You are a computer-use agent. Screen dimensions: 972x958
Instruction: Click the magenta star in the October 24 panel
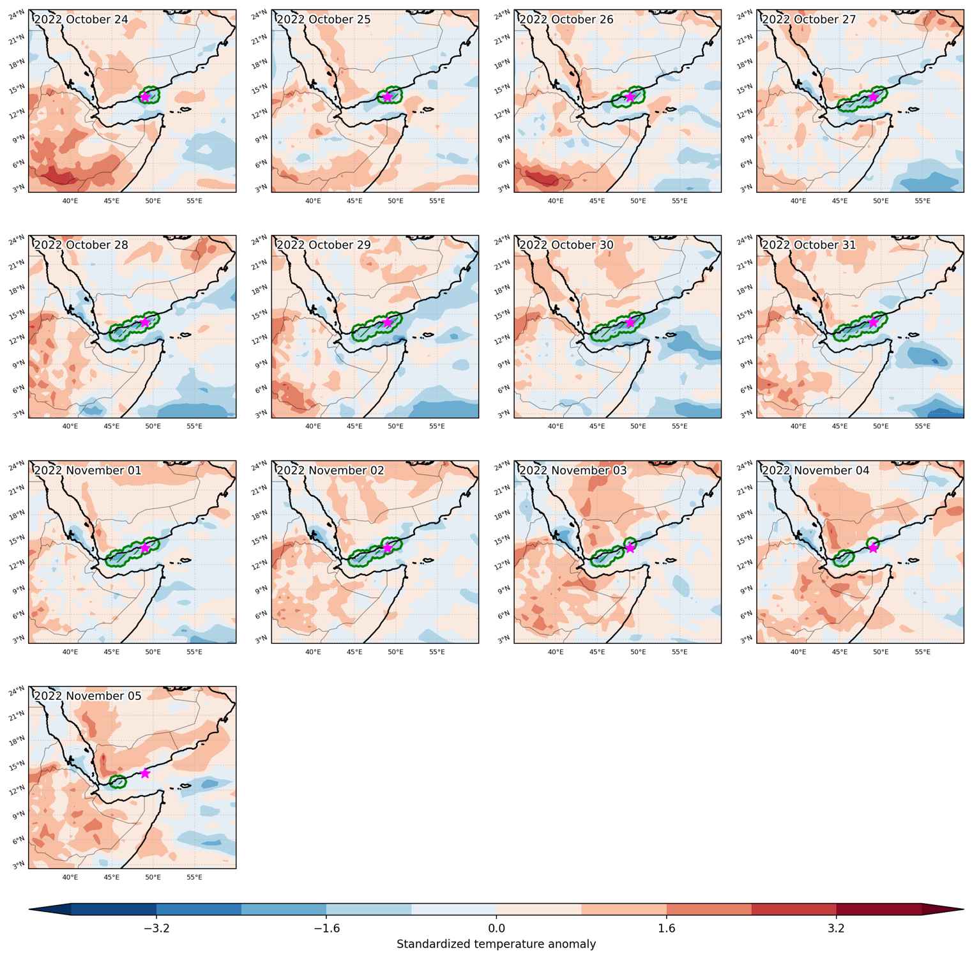(145, 96)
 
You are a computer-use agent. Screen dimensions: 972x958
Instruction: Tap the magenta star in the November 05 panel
(145, 773)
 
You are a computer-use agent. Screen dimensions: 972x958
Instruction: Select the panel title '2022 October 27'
(809, 19)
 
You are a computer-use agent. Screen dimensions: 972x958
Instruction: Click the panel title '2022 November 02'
(330, 470)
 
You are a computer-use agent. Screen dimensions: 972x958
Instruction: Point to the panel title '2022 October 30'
(566, 245)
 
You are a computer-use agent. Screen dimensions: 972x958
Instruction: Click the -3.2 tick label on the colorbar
(156, 928)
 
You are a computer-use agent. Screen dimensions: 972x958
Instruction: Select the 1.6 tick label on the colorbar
(666, 928)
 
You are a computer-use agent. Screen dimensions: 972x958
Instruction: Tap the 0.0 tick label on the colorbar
(496, 928)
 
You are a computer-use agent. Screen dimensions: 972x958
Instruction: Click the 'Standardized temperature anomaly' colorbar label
(496, 944)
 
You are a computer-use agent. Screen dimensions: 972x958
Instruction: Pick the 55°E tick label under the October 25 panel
(437, 201)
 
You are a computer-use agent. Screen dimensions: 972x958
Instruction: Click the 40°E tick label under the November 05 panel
(70, 877)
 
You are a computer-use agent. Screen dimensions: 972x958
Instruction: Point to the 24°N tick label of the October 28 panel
(17, 240)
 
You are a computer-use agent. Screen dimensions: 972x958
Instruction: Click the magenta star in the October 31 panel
(873, 322)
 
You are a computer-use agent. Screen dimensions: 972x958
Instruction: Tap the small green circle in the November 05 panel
(118, 781)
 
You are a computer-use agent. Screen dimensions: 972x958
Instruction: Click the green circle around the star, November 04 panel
(873, 545)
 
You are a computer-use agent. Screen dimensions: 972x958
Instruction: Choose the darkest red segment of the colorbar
(879, 909)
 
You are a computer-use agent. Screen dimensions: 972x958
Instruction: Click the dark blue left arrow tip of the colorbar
(31, 909)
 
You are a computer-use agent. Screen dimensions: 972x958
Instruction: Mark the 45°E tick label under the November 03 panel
(597, 651)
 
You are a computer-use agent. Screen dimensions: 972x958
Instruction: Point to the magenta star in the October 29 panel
(388, 322)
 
